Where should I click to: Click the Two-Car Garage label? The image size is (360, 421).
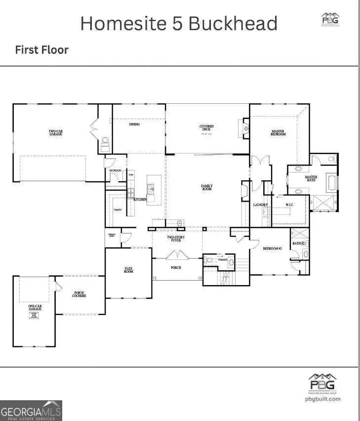(x=55, y=133)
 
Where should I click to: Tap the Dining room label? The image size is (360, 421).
(x=134, y=125)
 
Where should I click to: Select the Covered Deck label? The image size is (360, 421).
(x=206, y=128)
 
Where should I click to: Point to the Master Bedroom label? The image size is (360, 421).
(x=278, y=133)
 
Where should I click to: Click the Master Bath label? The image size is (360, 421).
(x=311, y=178)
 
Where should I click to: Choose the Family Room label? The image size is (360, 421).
(x=206, y=187)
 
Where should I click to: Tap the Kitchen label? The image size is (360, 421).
(x=140, y=199)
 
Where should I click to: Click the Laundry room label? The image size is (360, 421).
(x=260, y=205)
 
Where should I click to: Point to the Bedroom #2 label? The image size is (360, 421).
(x=272, y=249)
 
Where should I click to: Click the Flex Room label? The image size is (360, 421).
(x=128, y=270)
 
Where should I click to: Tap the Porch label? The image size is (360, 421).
(x=176, y=268)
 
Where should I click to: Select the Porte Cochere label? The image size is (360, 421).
(x=79, y=294)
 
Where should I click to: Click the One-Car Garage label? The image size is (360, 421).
(x=34, y=308)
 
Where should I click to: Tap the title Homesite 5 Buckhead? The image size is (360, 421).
(x=179, y=23)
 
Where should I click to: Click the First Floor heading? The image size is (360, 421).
(x=41, y=50)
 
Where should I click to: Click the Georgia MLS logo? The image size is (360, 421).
(x=31, y=410)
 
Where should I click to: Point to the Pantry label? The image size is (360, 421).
(x=118, y=210)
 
